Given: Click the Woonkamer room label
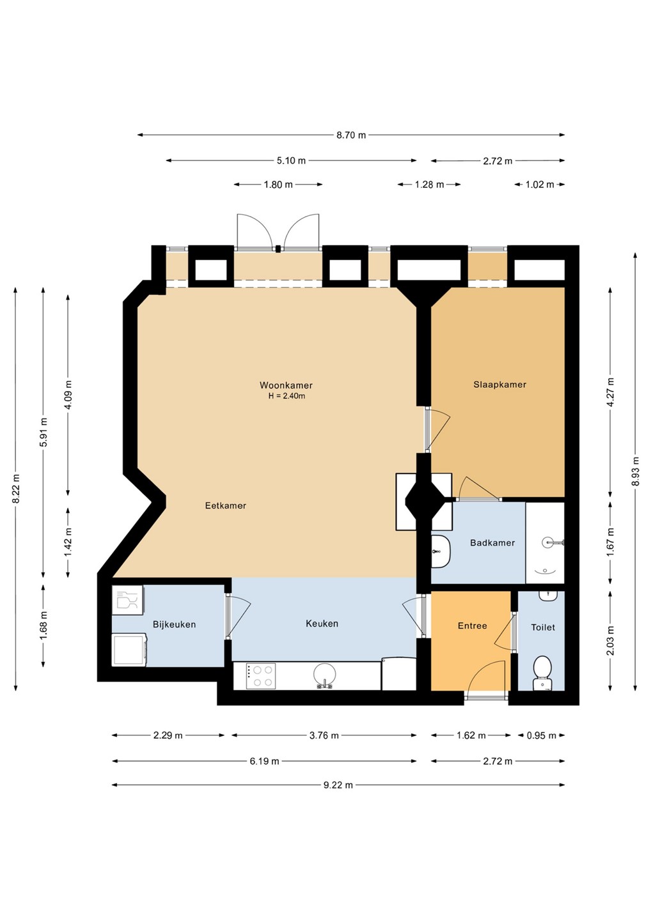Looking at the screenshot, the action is point(286,385).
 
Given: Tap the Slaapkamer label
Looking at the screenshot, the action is point(499,385).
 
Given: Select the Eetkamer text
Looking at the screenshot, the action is point(226,505).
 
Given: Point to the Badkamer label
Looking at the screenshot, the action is point(492,543).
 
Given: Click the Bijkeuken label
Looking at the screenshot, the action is point(174,625).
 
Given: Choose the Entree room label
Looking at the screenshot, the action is point(472,626).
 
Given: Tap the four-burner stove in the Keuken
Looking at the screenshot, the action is point(260,676).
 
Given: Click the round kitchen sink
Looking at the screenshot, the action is point(325,674).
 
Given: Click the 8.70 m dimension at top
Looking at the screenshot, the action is point(351,135).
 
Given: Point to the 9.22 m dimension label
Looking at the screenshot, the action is point(338,785).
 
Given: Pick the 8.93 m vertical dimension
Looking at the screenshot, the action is point(636,471).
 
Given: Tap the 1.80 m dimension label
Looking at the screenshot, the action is point(278,185).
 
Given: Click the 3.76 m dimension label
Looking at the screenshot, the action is point(324,735).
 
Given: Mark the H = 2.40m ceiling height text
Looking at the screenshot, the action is point(286,396).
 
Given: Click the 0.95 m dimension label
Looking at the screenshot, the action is point(541,735).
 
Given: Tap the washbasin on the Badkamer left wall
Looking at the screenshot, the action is point(441,551).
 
